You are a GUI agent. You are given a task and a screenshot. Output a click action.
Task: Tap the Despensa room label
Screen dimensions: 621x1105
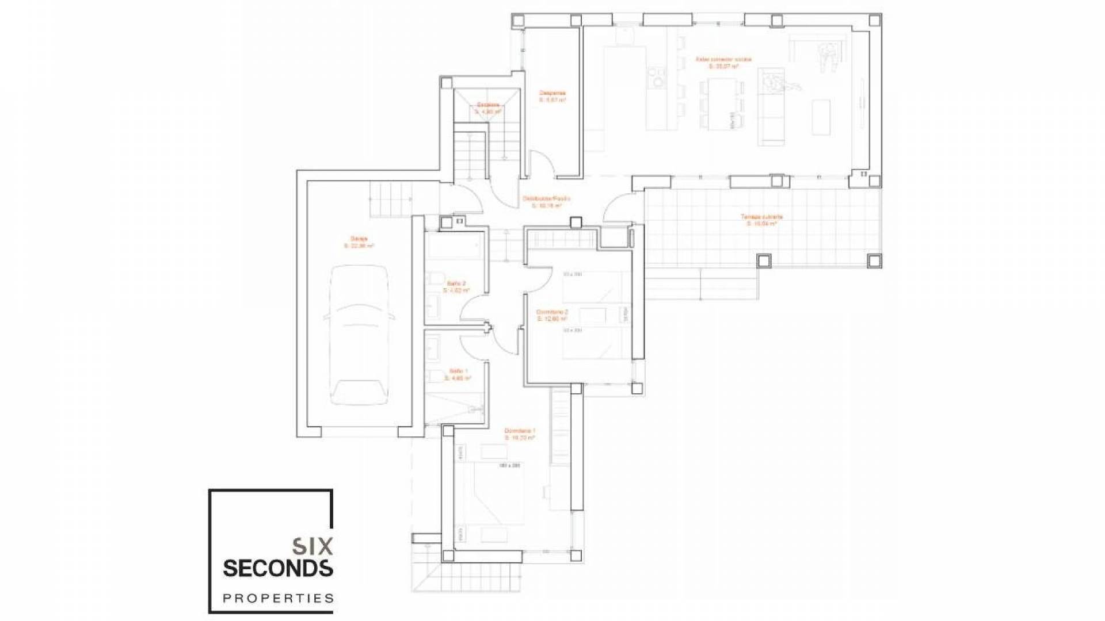pyautogui.click(x=552, y=96)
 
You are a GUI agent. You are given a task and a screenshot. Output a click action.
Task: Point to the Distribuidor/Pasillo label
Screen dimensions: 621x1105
pyautogui.click(x=546, y=201)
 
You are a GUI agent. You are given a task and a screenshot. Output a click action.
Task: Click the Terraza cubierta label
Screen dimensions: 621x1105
pyautogui.click(x=761, y=220)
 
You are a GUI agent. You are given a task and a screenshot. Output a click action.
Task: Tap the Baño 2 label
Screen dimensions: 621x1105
pyautogui.click(x=456, y=286)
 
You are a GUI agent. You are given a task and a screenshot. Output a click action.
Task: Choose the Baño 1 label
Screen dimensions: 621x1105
pyautogui.click(x=458, y=374)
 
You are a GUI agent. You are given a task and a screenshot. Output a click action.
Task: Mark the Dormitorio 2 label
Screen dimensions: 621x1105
pyautogui.click(x=552, y=315)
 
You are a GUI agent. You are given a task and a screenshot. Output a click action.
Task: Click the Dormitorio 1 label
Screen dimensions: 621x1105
pyautogui.click(x=520, y=434)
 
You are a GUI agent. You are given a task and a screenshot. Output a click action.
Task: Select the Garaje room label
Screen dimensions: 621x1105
pyautogui.click(x=359, y=242)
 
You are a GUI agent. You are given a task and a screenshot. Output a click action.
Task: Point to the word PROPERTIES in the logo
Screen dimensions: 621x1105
pyautogui.click(x=277, y=599)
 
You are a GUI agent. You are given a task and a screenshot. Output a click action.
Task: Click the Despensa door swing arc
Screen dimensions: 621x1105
pyautogui.click(x=542, y=159)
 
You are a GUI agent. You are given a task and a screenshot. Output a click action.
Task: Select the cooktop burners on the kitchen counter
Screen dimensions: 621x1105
pyautogui.click(x=655, y=80)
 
